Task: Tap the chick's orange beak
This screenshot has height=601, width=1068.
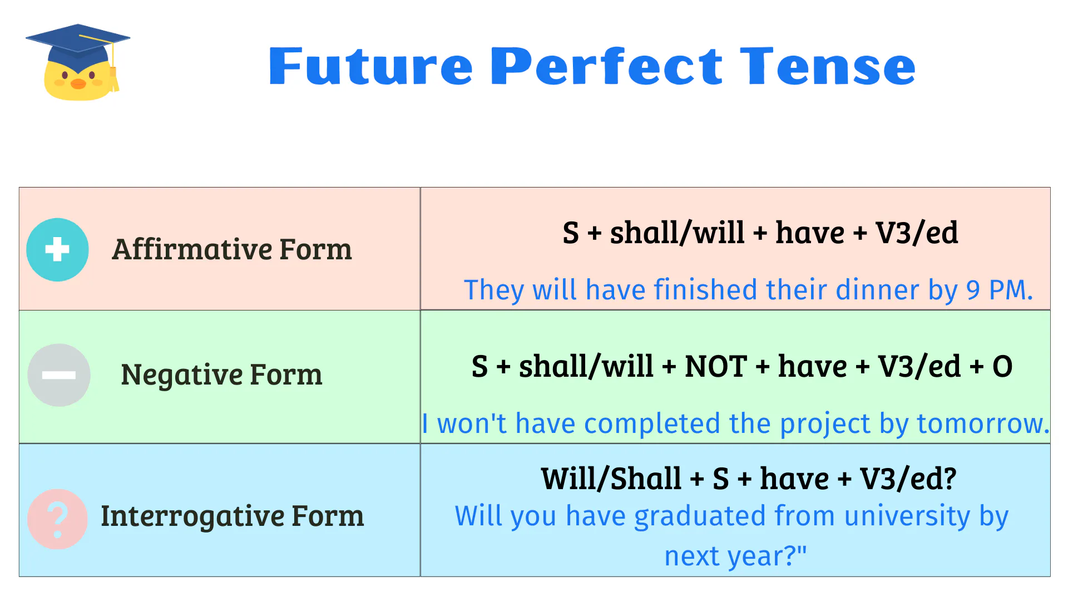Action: point(78,84)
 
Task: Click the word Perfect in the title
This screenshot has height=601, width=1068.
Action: point(607,67)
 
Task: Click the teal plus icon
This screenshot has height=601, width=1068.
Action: point(57,249)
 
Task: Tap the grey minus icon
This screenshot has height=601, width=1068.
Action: point(59,375)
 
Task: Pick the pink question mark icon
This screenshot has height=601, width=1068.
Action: point(57,519)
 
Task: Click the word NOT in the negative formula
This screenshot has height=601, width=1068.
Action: point(715,367)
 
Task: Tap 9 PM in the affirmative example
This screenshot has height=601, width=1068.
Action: point(999,290)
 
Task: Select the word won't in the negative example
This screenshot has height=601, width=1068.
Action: point(472,423)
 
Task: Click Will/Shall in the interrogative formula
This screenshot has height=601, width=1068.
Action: point(611,479)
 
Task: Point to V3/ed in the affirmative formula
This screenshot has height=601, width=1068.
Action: point(916,233)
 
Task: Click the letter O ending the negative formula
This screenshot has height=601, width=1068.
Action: point(1002,367)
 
